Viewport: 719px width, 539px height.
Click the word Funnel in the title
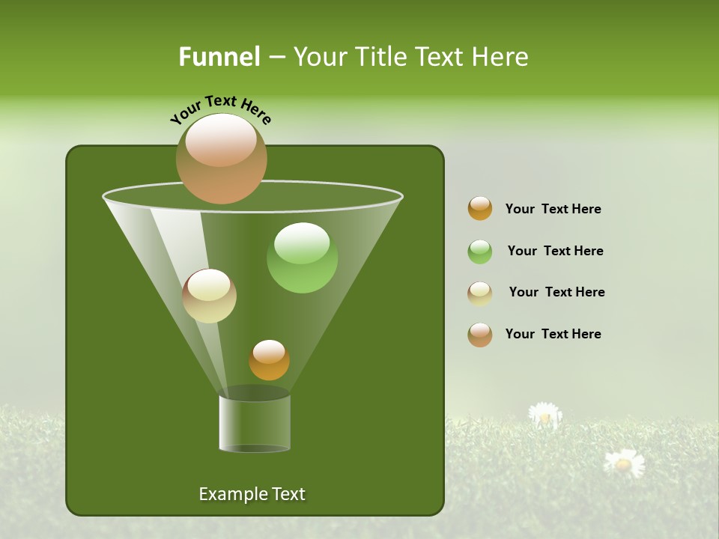click(219, 57)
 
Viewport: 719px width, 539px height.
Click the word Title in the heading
click(383, 57)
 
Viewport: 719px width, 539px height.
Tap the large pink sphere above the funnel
click(222, 158)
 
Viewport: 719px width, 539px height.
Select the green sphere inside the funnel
click(302, 258)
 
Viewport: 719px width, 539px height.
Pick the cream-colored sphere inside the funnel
click(209, 296)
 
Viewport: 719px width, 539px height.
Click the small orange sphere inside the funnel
click(269, 360)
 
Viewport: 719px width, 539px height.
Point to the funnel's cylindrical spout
click(255, 423)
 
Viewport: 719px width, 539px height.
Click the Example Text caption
click(252, 494)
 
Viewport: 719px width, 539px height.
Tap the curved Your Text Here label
click(221, 109)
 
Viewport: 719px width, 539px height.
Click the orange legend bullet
click(480, 209)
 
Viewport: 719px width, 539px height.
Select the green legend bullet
click(480, 252)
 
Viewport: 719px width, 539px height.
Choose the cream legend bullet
click(480, 293)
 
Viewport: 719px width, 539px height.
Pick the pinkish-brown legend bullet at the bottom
click(480, 335)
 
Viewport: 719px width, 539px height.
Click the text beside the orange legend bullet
click(553, 210)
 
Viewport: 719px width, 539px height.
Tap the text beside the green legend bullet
click(555, 252)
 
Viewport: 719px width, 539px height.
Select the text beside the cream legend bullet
click(556, 293)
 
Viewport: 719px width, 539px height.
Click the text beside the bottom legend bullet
click(553, 335)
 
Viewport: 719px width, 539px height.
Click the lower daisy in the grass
click(624, 463)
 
